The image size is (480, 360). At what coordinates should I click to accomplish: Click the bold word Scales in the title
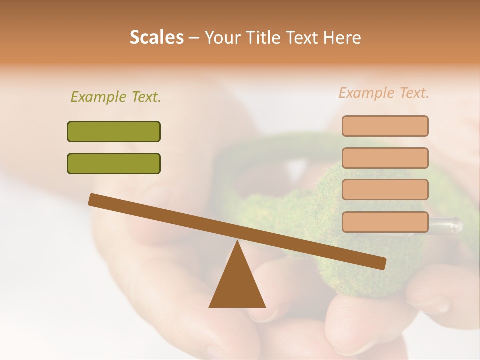click(156, 37)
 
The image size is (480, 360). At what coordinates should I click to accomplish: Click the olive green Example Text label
click(116, 97)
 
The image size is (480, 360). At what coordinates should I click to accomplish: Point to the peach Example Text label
click(384, 93)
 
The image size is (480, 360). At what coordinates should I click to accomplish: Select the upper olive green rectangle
click(114, 131)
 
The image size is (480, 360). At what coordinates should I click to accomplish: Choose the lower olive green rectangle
click(114, 163)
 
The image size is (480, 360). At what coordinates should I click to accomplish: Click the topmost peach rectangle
click(385, 126)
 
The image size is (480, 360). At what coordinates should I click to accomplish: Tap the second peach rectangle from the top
click(385, 158)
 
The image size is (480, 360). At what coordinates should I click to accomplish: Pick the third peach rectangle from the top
click(385, 190)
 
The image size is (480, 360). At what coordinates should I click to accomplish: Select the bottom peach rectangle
click(385, 222)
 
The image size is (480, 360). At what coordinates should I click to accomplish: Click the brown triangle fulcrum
click(237, 282)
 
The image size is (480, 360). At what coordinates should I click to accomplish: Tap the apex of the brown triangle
click(237, 241)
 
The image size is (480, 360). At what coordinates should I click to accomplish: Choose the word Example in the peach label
click(366, 93)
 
